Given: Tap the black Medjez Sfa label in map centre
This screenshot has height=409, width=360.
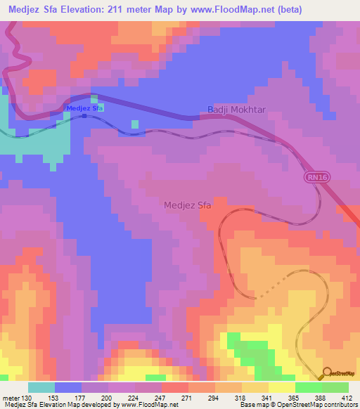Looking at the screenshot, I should coord(187,205).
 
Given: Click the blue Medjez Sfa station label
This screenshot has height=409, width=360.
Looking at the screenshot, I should coord(84,108).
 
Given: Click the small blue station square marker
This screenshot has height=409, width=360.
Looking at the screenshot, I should coord(84,117).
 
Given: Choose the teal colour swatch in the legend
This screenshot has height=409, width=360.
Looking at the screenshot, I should coord(41,387).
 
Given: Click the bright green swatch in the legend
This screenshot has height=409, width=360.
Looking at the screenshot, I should coord(308,387).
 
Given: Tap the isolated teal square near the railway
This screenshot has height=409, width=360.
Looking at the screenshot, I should coord(134,124).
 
